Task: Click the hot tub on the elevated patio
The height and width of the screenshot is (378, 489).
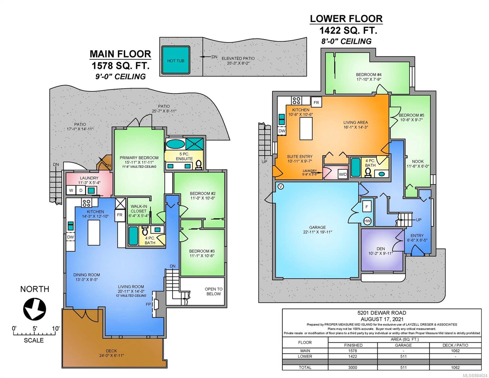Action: click(175, 60)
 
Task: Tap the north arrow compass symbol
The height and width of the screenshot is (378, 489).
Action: click(35, 309)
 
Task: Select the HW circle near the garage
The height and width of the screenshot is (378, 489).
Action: click(367, 221)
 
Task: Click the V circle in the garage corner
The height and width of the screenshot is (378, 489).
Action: click(281, 186)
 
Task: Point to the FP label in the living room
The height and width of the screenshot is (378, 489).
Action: click(148, 304)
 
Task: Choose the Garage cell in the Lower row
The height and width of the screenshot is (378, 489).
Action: click(403, 356)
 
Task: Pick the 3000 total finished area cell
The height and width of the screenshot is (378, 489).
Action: click(353, 367)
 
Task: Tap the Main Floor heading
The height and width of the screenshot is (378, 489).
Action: click(120, 54)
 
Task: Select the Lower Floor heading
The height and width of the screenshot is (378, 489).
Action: click(346, 19)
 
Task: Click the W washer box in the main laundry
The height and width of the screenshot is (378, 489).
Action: click(71, 191)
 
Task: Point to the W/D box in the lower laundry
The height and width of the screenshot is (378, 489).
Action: click(343, 174)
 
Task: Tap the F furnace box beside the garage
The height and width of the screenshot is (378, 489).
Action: click(367, 207)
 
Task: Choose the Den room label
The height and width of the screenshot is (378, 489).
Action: click(381, 249)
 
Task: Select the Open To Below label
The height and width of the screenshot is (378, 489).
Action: click(213, 291)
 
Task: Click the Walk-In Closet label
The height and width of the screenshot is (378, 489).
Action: click(139, 209)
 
